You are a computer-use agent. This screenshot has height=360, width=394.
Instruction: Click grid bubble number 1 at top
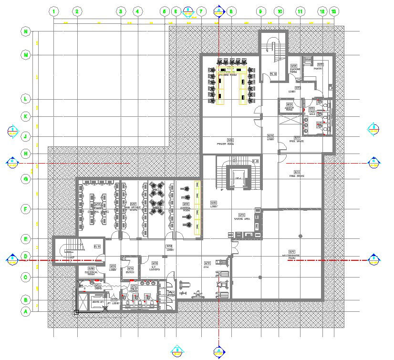click(x=54, y=11)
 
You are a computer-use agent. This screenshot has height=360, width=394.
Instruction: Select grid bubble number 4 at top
click(x=137, y=11)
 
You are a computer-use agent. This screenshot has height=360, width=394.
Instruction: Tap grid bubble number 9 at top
click(x=260, y=11)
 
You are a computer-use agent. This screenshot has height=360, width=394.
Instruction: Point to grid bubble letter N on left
click(x=26, y=31)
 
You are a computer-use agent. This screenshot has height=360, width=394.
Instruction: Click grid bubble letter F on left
click(x=26, y=209)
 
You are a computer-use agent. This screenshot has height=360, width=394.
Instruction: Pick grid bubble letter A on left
click(x=26, y=312)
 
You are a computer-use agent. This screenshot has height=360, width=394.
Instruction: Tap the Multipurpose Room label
click(x=291, y=254)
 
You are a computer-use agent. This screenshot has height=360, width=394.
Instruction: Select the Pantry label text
click(x=318, y=67)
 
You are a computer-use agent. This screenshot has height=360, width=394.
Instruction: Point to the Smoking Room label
click(x=294, y=69)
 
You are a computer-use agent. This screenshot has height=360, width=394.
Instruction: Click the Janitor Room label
click(x=289, y=107)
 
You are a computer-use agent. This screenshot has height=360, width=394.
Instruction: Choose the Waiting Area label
click(x=242, y=217)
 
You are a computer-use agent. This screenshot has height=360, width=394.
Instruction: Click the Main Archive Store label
click(x=133, y=206)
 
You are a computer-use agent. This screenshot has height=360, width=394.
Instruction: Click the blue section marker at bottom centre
click(x=219, y=351)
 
